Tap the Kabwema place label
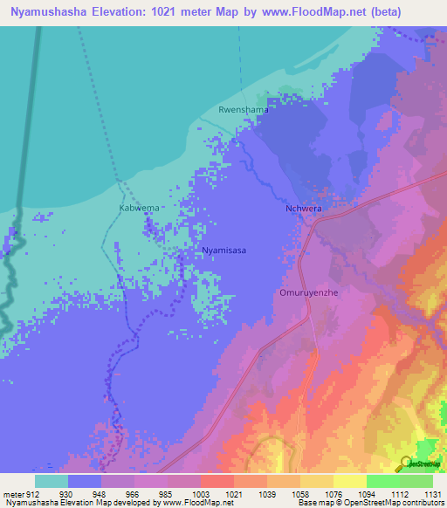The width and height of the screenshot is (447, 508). [139, 209]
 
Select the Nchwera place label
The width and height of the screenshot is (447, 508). [304, 209]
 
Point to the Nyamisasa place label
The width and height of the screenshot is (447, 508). [223, 251]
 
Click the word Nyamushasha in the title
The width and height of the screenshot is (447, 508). [57, 12]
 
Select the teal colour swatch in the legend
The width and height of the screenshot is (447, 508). [52, 481]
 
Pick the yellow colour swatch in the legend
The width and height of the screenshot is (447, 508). [350, 481]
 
